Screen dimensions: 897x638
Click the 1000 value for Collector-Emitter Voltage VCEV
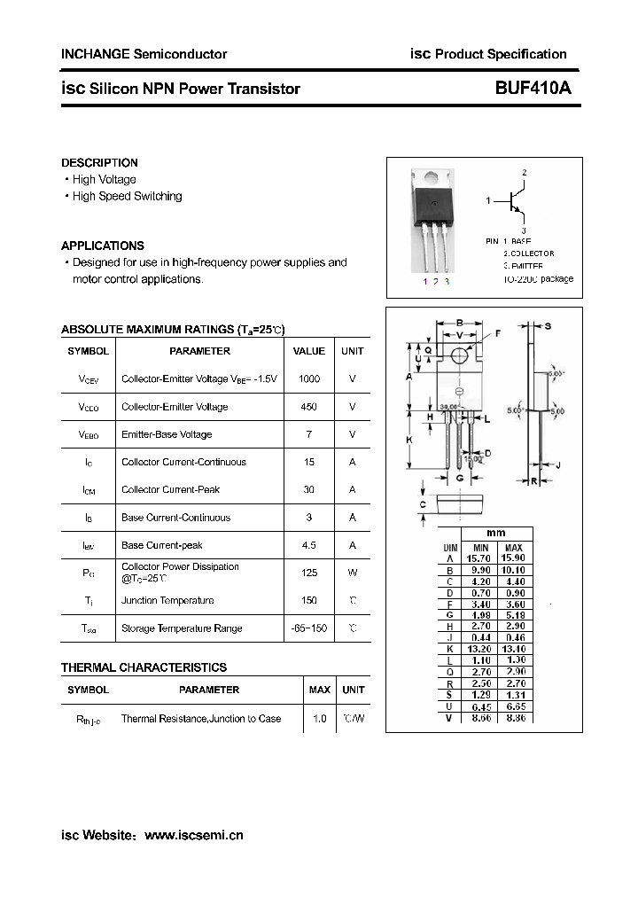[309, 379]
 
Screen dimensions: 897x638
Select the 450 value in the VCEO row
[309, 407]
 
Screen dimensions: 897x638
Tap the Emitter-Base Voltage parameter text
[167, 434]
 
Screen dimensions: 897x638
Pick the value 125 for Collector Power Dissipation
[309, 573]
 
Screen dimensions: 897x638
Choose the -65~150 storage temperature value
[309, 628]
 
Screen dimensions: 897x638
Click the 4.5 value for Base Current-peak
[309, 545]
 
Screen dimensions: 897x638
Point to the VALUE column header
[309, 351]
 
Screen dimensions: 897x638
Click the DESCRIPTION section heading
[99, 163]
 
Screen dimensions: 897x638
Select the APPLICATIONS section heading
[102, 246]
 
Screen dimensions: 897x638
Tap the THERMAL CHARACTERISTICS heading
[144, 667]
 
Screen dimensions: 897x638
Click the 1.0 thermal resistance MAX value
[320, 719]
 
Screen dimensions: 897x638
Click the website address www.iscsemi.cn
[193, 835]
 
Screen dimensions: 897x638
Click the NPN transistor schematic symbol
[516, 201]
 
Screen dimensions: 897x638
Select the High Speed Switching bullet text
[127, 197]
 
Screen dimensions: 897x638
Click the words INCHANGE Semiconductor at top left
[144, 54]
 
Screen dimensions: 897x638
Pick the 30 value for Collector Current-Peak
[309, 489]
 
